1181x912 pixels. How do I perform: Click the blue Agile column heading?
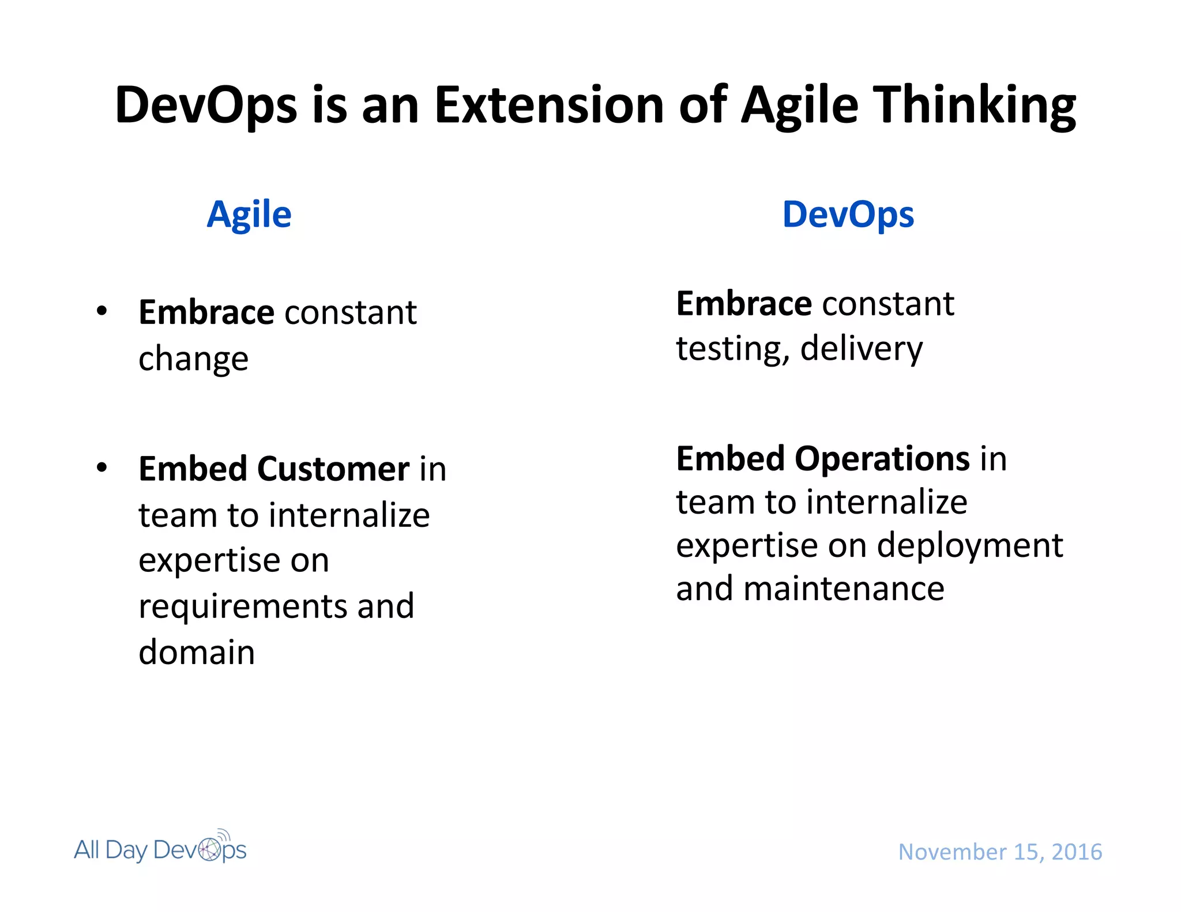(249, 215)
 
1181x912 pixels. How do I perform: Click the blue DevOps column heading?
(848, 215)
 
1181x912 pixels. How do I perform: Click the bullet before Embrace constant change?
(102, 311)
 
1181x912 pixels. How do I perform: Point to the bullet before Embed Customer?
(102, 467)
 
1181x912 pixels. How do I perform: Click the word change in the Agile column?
(193, 359)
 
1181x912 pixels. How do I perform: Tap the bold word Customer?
(333, 468)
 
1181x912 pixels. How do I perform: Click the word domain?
(197, 652)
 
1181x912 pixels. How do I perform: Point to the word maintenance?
(844, 589)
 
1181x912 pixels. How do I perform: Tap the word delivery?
(862, 349)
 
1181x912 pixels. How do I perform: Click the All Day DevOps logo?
(160, 849)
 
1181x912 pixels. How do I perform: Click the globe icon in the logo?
(210, 849)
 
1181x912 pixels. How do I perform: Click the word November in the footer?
(952, 852)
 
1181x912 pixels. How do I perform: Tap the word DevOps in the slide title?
(206, 105)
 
